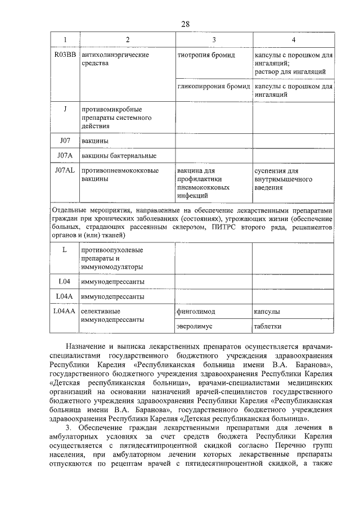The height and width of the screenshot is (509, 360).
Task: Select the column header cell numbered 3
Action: coord(214,40)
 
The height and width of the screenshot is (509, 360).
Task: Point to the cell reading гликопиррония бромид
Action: coord(213,87)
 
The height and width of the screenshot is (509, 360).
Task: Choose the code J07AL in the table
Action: coord(65,170)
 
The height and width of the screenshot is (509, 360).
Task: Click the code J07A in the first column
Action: coord(65,155)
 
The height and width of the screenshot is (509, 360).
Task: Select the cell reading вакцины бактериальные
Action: coord(119,156)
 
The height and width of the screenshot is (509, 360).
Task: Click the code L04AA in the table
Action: coord(65,310)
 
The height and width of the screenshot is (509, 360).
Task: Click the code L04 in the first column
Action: coord(65,281)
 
